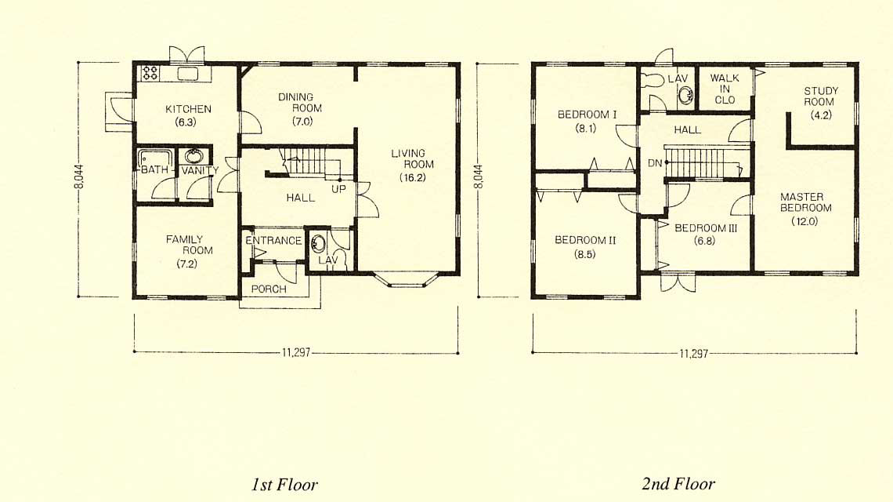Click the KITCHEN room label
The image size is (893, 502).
(x=188, y=109)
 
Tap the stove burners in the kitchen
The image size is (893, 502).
(x=150, y=73)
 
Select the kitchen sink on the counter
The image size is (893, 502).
(x=187, y=74)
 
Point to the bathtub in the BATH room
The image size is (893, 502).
(x=155, y=158)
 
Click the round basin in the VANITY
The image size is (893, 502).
(x=194, y=156)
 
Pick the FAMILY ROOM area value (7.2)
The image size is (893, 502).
(x=186, y=264)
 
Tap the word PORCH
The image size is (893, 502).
(x=269, y=289)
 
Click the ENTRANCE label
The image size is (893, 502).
(x=273, y=241)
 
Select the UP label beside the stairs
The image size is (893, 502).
(x=338, y=189)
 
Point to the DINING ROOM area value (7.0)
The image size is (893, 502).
(x=302, y=122)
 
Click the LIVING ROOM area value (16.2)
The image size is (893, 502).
(x=412, y=177)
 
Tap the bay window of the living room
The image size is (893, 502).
(x=406, y=279)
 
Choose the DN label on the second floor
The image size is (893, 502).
(x=655, y=163)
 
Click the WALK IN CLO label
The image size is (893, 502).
(x=725, y=89)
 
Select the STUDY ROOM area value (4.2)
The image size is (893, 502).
(x=821, y=115)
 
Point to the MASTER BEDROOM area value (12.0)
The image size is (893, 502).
(x=804, y=221)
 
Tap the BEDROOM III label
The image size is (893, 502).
(x=706, y=228)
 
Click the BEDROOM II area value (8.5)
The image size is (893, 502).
(x=585, y=254)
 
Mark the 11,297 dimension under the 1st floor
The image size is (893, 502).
(x=296, y=352)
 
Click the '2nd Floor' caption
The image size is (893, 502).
(x=678, y=484)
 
